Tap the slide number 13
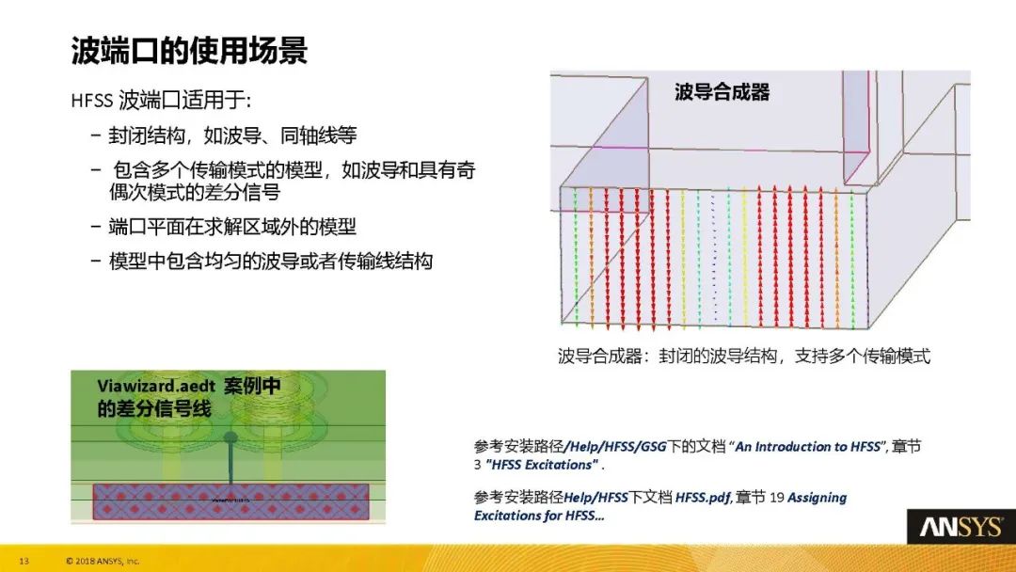click(24, 562)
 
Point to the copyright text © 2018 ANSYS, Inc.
click(103, 562)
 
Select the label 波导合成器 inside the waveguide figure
click(722, 91)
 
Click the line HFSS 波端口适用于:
click(160, 100)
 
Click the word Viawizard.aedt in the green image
click(154, 387)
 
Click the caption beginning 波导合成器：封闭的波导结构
click(743, 357)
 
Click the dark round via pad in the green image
click(230, 437)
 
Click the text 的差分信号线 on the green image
click(154, 408)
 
